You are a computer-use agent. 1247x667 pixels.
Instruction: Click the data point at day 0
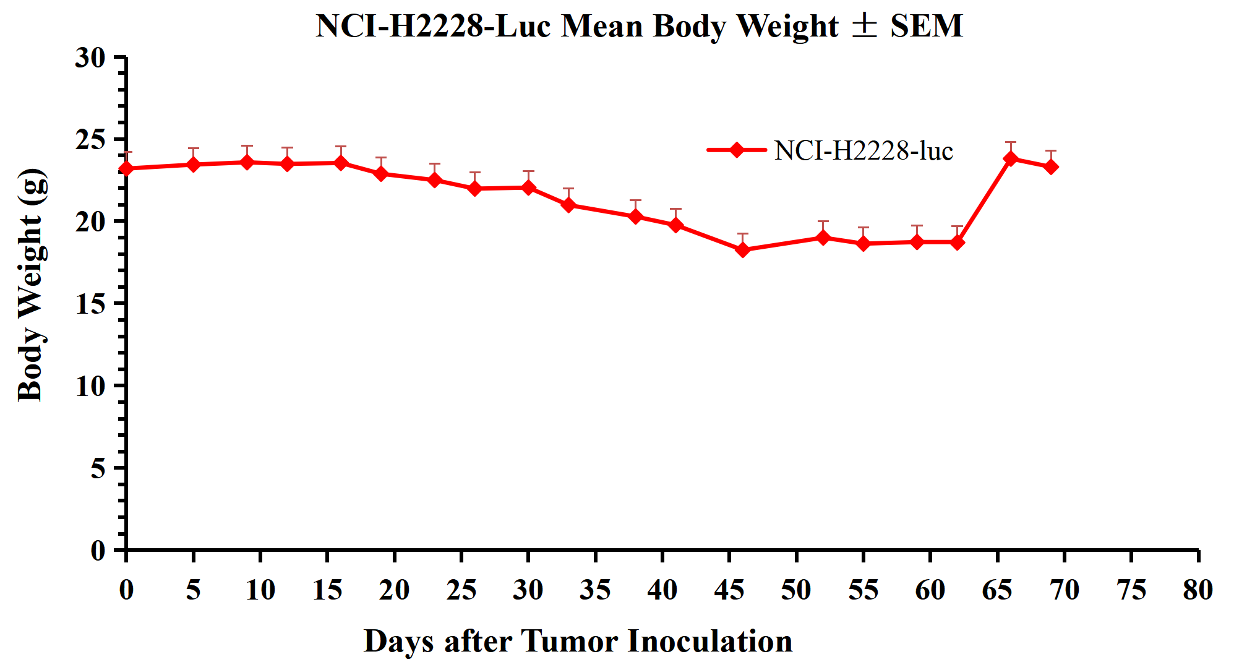coord(126,168)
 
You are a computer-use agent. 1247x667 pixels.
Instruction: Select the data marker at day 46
coord(743,249)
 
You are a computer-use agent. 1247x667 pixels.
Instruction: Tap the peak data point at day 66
coord(1011,158)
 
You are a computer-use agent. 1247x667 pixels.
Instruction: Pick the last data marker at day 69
coord(1051,166)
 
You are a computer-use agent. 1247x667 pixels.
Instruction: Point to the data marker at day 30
coord(528,187)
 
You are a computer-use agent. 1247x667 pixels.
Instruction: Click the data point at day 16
coord(341,163)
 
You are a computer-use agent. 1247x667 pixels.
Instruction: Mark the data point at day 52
coord(823,238)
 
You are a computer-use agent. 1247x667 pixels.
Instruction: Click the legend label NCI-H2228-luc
coord(863,151)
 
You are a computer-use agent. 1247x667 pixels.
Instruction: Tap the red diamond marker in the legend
coord(737,150)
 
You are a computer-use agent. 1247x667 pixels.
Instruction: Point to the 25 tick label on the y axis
coord(90,140)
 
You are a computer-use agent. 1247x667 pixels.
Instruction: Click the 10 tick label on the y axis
coord(90,386)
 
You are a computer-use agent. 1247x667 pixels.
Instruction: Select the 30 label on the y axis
coord(90,58)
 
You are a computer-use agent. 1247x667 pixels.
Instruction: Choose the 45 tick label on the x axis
coord(729,590)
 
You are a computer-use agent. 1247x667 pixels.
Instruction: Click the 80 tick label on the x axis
coord(1198,590)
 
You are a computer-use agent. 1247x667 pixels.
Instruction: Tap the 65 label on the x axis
coord(997,590)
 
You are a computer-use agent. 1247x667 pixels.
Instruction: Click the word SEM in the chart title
coord(926,27)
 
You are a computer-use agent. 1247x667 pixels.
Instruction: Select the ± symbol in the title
coord(864,26)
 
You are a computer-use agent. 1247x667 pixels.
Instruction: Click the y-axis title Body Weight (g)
coord(31,285)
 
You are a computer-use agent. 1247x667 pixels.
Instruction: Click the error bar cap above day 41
coord(675,209)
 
